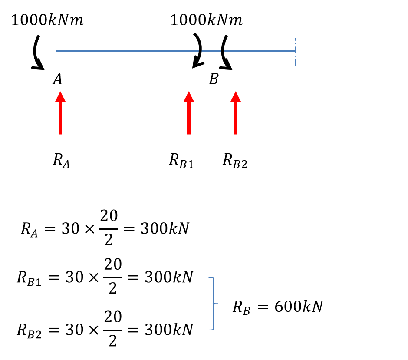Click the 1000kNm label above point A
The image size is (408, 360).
(47, 20)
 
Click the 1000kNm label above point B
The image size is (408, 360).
(206, 20)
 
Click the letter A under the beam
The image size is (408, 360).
(57, 79)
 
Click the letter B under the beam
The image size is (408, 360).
(214, 79)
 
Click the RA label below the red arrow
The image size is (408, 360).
(61, 161)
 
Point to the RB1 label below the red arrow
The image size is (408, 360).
(181, 161)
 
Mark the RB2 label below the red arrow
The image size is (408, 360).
(235, 161)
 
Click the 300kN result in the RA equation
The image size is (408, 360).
(165, 229)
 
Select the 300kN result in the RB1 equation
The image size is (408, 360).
(169, 277)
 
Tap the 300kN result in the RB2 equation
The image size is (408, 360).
(169, 330)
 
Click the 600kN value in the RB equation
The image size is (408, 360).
(299, 307)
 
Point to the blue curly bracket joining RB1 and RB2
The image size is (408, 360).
(213, 304)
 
